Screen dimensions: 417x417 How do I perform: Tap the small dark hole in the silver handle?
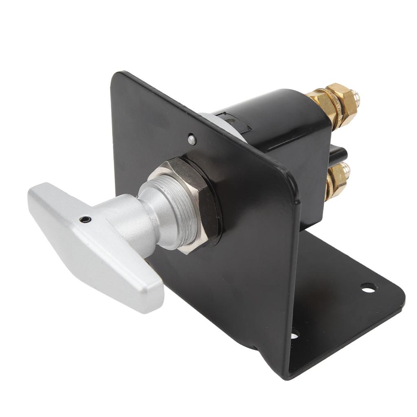tap(85, 219)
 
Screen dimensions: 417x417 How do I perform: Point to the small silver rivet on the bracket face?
tap(192, 140)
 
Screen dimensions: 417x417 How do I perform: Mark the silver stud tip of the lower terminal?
tap(346, 168)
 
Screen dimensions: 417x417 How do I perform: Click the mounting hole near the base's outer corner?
tap(368, 288)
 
